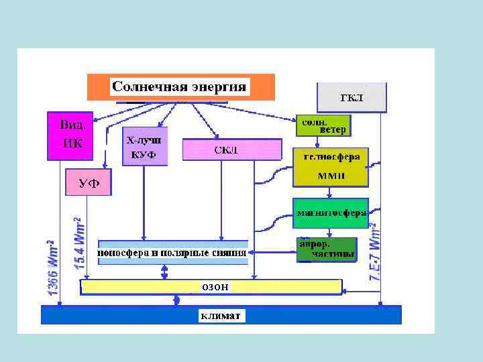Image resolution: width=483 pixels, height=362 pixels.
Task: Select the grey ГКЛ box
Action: pos(352,97)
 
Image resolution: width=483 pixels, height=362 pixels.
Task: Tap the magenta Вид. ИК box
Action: pos(70,135)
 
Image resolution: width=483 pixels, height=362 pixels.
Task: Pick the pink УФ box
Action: pos(88,182)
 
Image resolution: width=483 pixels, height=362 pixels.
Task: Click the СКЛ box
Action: pos(231,149)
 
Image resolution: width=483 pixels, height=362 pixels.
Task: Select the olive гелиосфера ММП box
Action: pos(331,167)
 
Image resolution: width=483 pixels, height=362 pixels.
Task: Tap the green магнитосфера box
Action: pos(331,214)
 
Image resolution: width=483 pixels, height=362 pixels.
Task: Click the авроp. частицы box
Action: pos(327,249)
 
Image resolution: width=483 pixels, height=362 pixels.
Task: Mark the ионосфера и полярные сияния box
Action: pos(172,253)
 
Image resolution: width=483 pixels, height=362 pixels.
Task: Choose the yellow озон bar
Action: pos(211,287)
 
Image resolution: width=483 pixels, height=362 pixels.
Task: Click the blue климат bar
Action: pos(221,314)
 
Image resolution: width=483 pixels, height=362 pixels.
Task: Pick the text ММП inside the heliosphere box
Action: pos(331,176)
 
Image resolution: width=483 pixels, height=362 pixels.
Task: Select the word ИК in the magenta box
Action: pos(72,143)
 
